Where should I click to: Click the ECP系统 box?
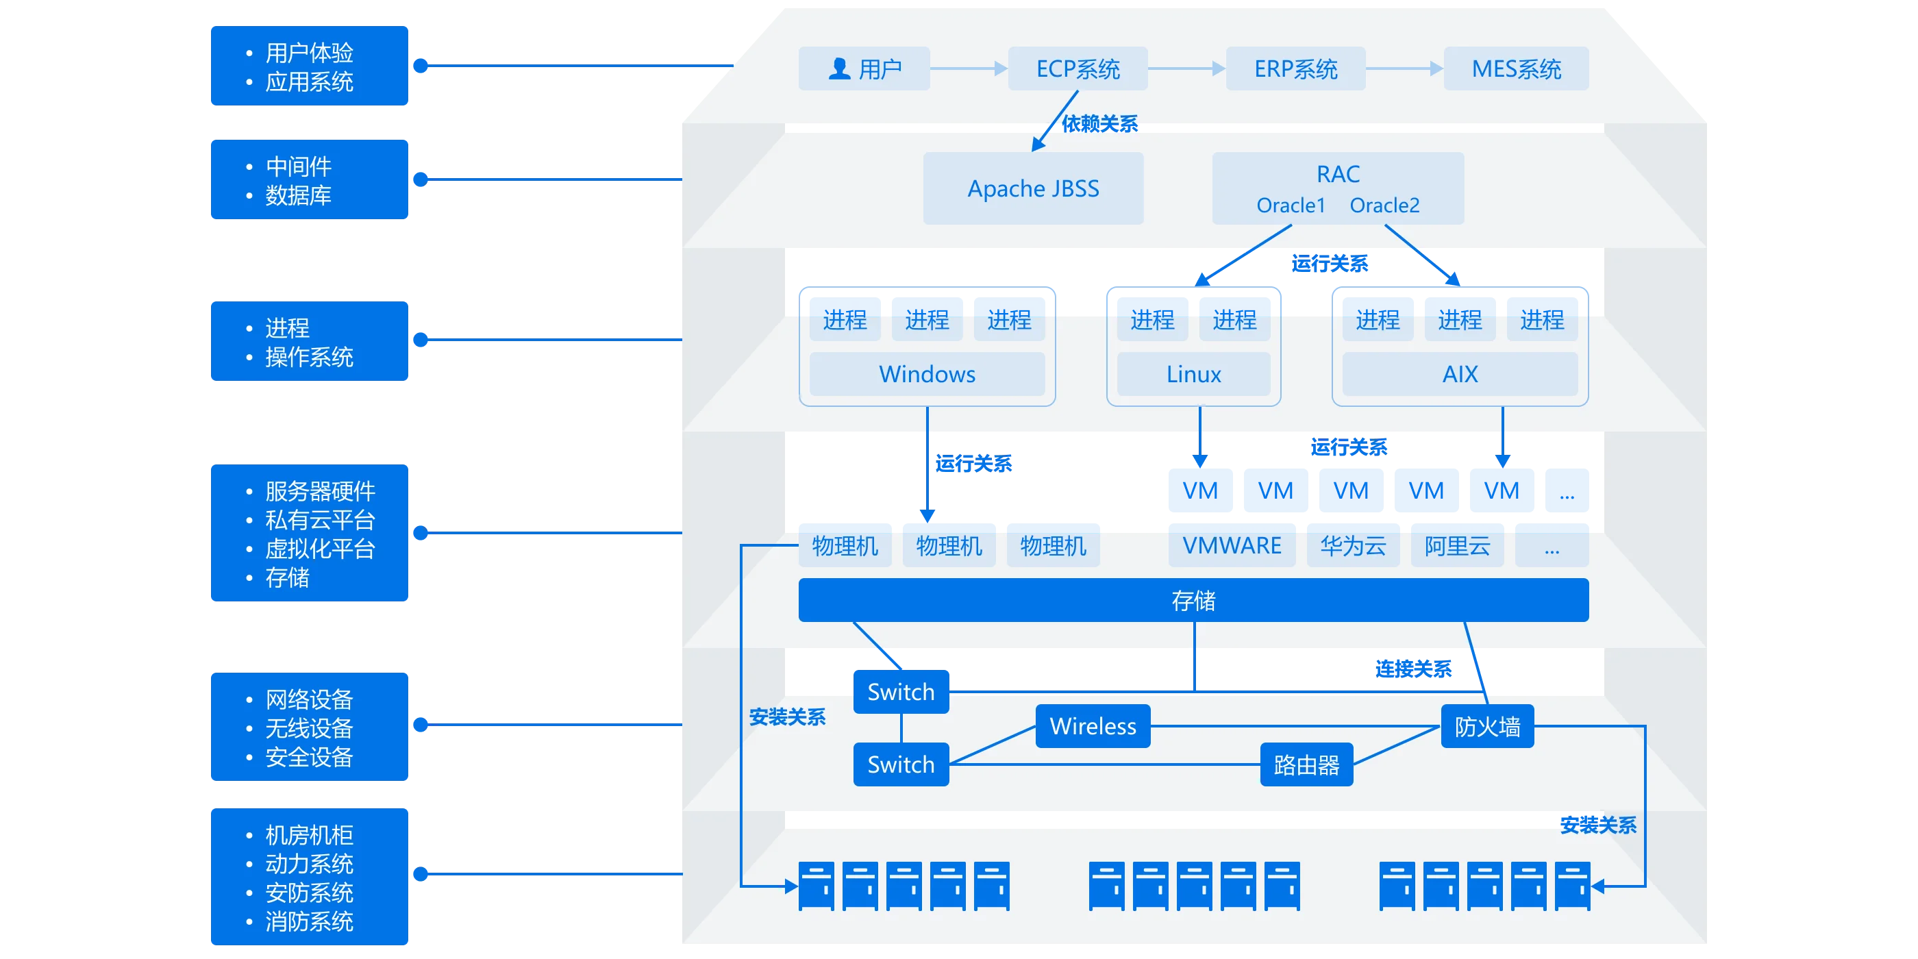point(1078,68)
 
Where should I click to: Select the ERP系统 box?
point(1295,68)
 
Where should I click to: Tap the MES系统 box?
point(1516,68)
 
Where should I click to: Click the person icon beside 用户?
point(839,68)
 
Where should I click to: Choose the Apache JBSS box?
point(1033,188)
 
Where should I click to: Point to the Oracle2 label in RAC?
point(1384,206)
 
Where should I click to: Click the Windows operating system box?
point(927,374)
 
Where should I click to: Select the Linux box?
point(1193,374)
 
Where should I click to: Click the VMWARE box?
point(1232,546)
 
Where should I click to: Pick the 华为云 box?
point(1353,546)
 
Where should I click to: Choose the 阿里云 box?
point(1457,546)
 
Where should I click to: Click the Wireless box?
point(1093,726)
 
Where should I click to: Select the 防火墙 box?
point(1487,726)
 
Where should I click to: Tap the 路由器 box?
point(1306,764)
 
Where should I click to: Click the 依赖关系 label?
point(1099,123)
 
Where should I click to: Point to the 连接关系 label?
point(1413,669)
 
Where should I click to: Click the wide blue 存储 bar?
point(1193,600)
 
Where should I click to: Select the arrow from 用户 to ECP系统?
point(969,68)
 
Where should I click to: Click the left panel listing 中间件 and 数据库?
point(309,179)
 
